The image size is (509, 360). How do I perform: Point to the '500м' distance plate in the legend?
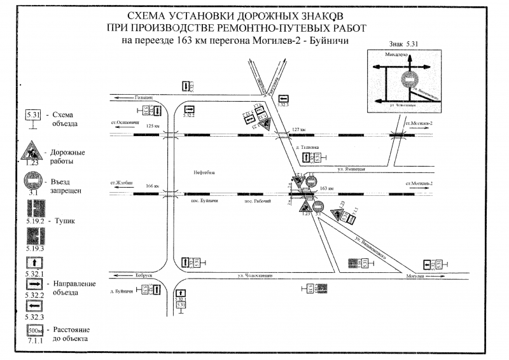34,331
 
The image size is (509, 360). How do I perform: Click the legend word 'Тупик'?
67,219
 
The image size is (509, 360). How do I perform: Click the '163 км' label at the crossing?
327,188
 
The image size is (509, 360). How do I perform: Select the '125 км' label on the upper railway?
153,126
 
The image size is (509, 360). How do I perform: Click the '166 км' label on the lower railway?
151,186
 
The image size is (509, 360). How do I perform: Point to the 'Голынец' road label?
144,97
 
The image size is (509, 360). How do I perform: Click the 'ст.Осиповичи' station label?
124,122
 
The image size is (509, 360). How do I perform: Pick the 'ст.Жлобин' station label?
122,182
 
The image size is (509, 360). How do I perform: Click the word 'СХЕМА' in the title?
144,17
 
